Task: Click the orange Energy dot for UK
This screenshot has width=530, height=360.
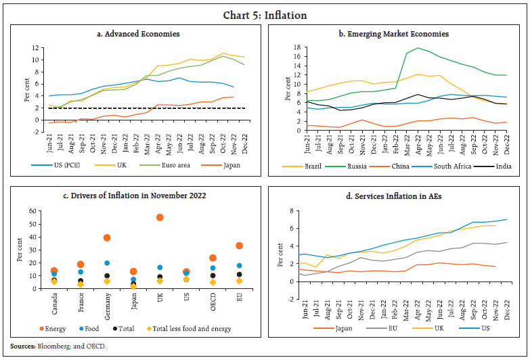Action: pyautogui.click(x=160, y=217)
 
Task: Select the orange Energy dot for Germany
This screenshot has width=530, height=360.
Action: pyautogui.click(x=107, y=238)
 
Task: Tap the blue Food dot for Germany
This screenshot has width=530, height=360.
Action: pyautogui.click(x=107, y=263)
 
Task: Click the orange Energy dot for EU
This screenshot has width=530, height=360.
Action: pyautogui.click(x=239, y=246)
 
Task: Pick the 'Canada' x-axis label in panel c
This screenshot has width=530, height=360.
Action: pyautogui.click(x=53, y=302)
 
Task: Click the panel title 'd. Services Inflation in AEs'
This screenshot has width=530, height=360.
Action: pyautogui.click(x=396, y=196)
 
